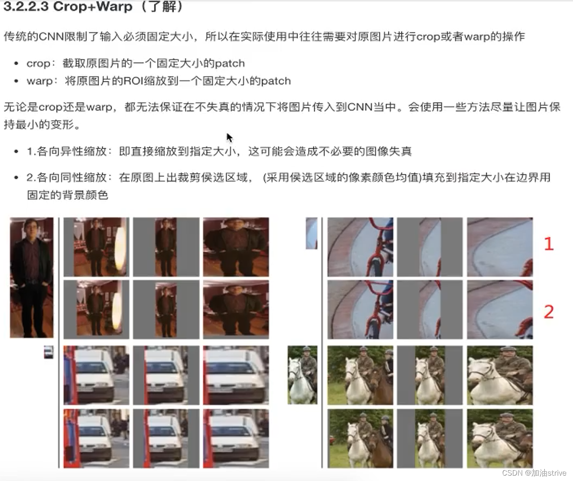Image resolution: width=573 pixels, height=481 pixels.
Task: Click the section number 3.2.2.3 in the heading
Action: click(x=26, y=7)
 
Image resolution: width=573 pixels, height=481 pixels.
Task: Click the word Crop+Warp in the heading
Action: click(x=93, y=7)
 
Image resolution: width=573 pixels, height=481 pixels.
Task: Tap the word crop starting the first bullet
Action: click(x=38, y=63)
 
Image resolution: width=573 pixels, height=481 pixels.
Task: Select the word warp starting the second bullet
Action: click(x=39, y=81)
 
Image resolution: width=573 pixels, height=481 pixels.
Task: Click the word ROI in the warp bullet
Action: click(x=134, y=81)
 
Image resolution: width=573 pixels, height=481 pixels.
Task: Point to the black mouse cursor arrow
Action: click(x=230, y=137)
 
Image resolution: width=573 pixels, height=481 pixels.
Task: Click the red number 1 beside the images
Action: click(x=549, y=244)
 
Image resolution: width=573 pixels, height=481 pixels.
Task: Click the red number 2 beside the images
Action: click(x=549, y=312)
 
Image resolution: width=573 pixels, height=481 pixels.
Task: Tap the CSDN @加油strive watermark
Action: click(x=534, y=473)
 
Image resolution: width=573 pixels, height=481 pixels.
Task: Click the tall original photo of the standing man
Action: click(x=31, y=277)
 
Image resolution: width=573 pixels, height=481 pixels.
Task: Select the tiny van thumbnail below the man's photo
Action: click(x=48, y=352)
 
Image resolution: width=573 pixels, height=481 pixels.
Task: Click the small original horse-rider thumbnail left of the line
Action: click(x=302, y=375)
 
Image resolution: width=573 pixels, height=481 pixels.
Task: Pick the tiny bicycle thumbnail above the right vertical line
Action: click(x=311, y=233)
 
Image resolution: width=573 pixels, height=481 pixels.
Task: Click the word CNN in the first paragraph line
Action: click(x=51, y=37)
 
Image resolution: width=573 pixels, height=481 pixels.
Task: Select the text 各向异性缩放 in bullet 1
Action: click(x=72, y=152)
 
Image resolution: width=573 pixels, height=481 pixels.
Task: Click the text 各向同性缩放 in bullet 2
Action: click(x=72, y=178)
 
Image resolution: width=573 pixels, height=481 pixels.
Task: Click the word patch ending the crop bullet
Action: click(x=230, y=63)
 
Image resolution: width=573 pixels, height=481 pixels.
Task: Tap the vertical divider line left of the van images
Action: click(x=59, y=406)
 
